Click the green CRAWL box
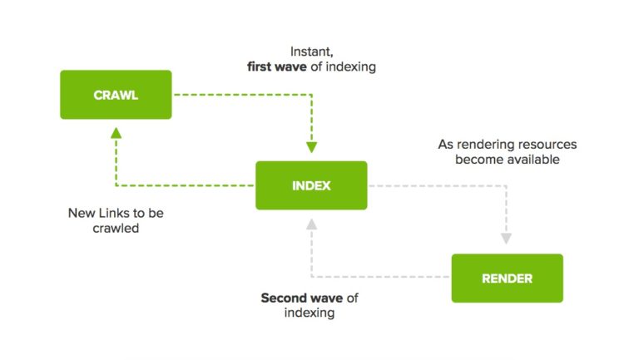(x=116, y=94)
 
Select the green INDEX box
(x=310, y=185)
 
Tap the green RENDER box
(x=507, y=278)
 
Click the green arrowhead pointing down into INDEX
(x=312, y=147)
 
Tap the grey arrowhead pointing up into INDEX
(x=312, y=223)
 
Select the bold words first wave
(x=277, y=67)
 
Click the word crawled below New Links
(x=116, y=228)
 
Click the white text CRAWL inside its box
(x=116, y=95)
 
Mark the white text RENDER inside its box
(x=507, y=279)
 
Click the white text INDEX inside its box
(x=310, y=185)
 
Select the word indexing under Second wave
(x=310, y=313)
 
